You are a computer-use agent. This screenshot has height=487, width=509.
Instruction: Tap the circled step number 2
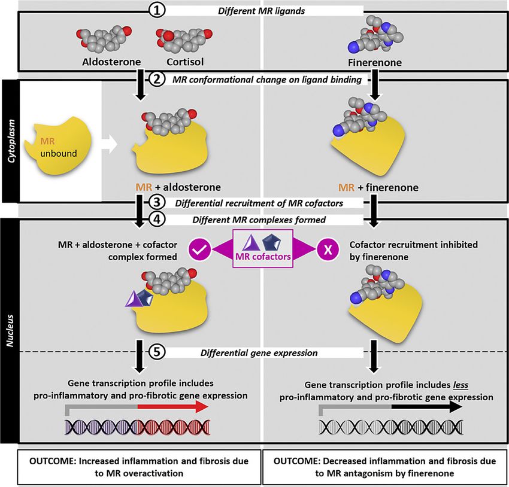[157, 81]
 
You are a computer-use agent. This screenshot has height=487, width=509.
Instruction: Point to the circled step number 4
[157, 220]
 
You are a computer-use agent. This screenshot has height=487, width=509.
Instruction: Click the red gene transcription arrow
[171, 407]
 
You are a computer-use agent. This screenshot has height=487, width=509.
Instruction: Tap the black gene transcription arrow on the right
[425, 407]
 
